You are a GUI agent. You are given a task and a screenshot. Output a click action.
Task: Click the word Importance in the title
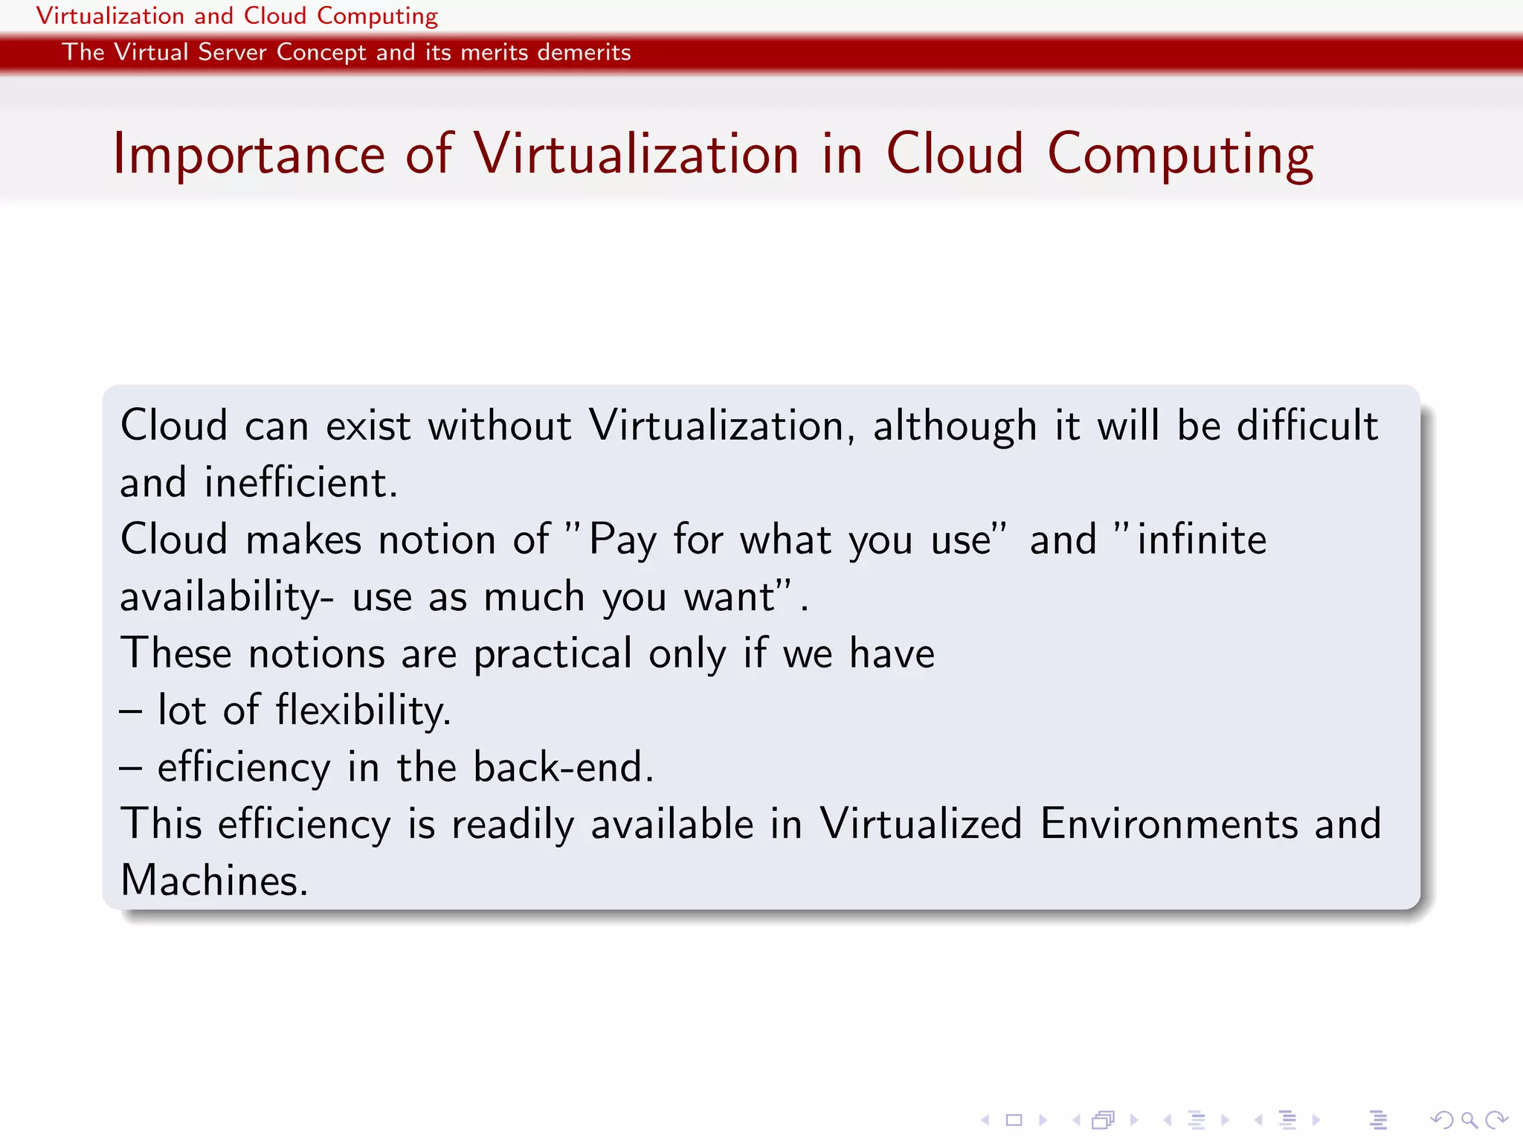coord(248,156)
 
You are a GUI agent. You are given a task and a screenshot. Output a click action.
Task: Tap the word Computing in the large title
coord(1179,156)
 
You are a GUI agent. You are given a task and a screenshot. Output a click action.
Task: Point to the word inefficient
coord(300,483)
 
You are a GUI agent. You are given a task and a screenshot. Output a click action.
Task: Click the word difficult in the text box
coord(1307,426)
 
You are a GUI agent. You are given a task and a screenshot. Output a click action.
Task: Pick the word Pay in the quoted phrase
coord(622,540)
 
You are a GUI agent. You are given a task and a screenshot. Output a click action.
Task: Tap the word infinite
coord(1201,540)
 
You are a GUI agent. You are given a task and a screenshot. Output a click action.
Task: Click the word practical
coord(553,654)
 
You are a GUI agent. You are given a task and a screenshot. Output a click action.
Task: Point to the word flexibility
coord(363,711)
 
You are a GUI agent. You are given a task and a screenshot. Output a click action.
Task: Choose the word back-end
coord(563,767)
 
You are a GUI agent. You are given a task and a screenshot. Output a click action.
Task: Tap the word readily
coord(512,825)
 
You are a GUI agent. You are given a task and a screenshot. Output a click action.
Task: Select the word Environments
coord(1169,825)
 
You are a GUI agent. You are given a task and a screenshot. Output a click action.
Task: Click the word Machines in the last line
coord(213,881)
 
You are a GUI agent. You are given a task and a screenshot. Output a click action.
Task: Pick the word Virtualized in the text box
coord(921,825)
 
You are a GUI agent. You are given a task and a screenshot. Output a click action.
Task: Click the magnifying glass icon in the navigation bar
coord(1468,1120)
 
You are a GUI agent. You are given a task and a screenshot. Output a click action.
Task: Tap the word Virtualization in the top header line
coord(110,16)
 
